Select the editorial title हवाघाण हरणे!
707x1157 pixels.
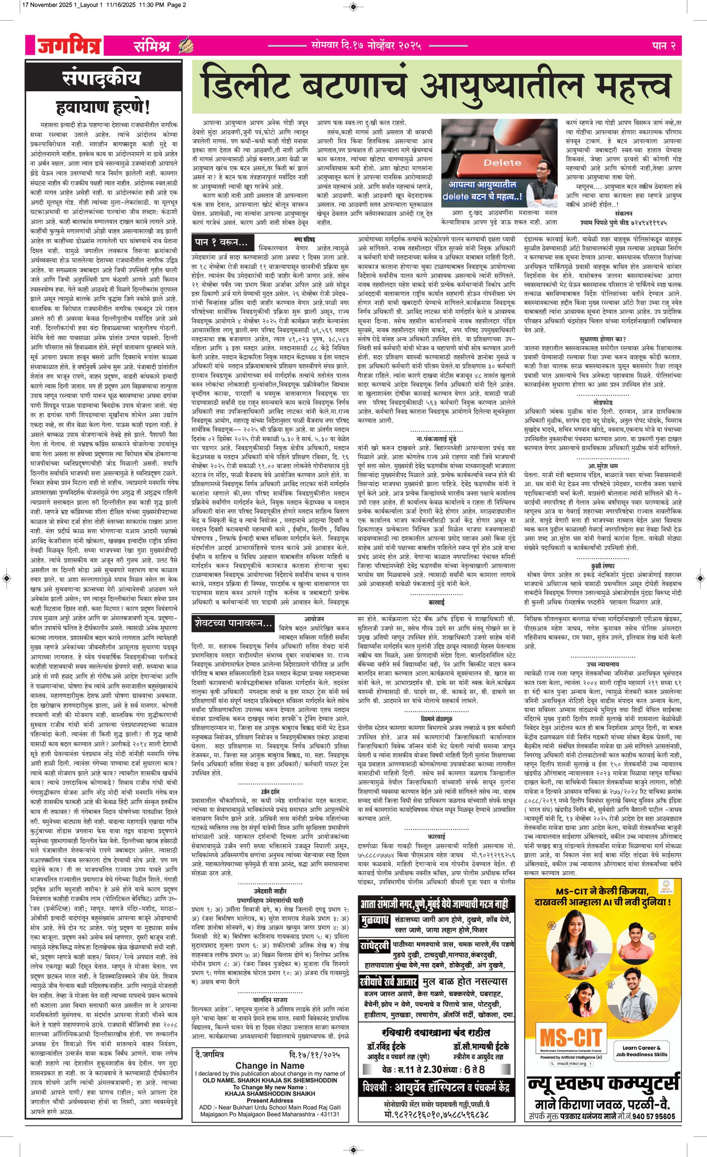tap(102, 108)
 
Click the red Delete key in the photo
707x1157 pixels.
tap(496, 163)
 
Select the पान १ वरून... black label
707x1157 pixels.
tap(221, 243)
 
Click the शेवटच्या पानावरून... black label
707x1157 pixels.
tap(233, 623)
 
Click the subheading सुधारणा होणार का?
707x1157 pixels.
tap(603, 339)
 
